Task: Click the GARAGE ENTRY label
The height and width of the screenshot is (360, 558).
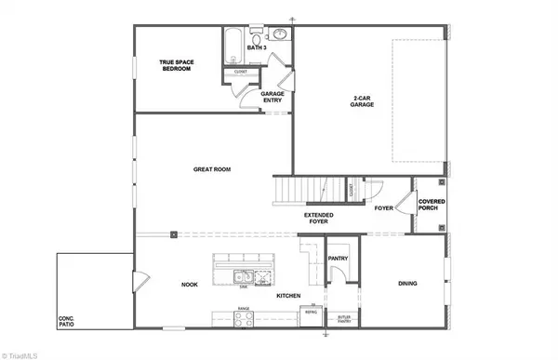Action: pyautogui.click(x=272, y=97)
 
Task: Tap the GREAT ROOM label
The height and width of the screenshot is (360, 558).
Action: pyautogui.click(x=211, y=169)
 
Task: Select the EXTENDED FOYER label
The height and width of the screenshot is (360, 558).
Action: pyautogui.click(x=319, y=220)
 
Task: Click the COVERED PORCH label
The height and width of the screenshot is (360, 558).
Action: pyautogui.click(x=432, y=204)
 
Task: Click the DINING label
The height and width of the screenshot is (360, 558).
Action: pyautogui.click(x=406, y=284)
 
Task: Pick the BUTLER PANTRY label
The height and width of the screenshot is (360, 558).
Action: pyautogui.click(x=344, y=318)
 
